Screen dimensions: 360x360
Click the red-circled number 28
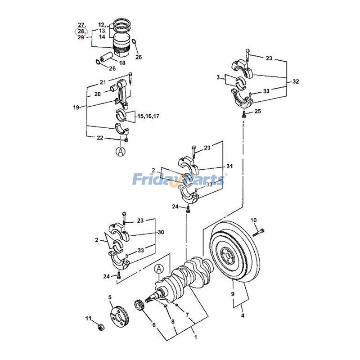pos(81,31)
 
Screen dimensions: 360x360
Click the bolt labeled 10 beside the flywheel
pos(258,233)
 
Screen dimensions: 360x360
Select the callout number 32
pos(296,81)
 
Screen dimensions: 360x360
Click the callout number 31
pos(229,166)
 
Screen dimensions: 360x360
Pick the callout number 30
pos(161,232)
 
